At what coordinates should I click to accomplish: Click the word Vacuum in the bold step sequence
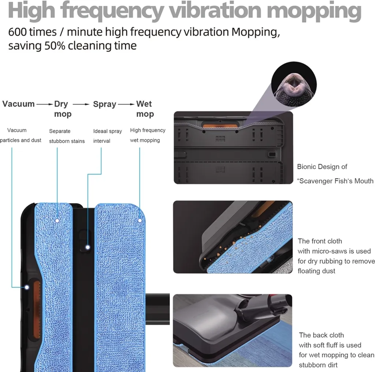click(x=18, y=104)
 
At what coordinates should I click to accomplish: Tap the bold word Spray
click(x=104, y=104)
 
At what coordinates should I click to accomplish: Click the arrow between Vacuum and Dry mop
click(x=45, y=104)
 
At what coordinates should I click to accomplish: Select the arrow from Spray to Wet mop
click(x=126, y=104)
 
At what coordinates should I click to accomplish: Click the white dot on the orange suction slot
click(x=27, y=287)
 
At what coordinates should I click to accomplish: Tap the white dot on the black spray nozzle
click(x=88, y=247)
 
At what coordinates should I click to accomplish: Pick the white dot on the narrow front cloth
click(x=57, y=220)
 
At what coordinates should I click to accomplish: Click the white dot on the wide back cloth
click(x=140, y=220)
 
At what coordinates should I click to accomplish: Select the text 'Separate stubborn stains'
click(x=67, y=136)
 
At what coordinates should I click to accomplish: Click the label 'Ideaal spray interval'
click(x=107, y=136)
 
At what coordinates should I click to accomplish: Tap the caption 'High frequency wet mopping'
click(x=147, y=135)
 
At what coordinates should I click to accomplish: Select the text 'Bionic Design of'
click(x=322, y=167)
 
